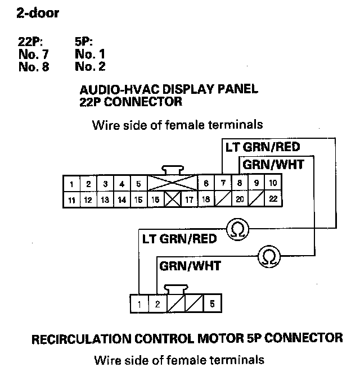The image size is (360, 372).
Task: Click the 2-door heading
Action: (x=39, y=13)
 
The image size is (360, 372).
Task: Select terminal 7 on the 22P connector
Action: (x=223, y=183)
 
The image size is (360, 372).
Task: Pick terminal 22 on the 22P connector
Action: (x=273, y=199)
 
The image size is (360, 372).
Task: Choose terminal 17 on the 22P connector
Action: (x=190, y=199)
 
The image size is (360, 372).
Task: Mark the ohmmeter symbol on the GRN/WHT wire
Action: (x=268, y=256)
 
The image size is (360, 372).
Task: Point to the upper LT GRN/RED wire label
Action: (x=262, y=148)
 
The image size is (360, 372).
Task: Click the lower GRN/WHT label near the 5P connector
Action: (x=190, y=265)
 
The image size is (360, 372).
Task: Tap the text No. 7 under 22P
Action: (x=34, y=55)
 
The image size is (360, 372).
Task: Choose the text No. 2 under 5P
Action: (x=89, y=67)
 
